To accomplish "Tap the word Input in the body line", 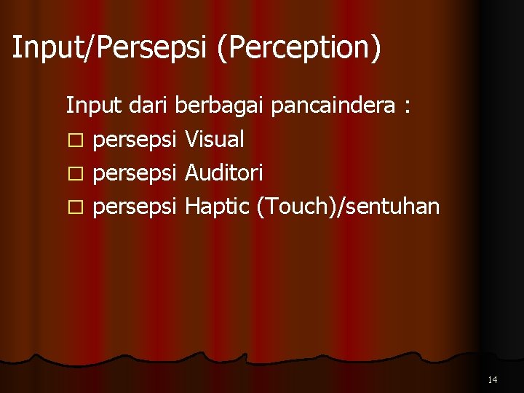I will [x=95, y=106].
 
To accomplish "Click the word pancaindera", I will [x=332, y=106].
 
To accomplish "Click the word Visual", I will [x=215, y=139].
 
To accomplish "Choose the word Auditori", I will [x=224, y=173].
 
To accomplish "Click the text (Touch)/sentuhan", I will [x=348, y=207].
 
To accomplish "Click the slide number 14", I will [x=493, y=379].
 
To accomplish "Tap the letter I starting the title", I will [x=16, y=47].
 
